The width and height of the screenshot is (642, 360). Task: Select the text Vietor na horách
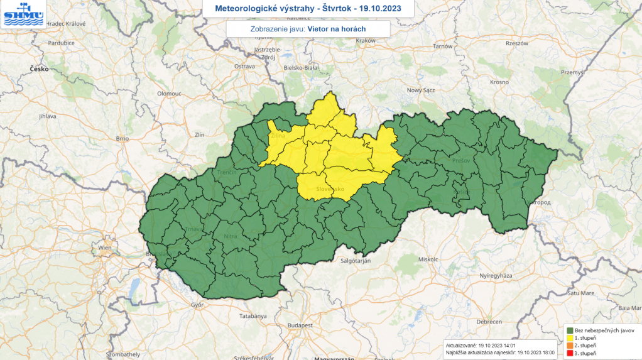point(337,29)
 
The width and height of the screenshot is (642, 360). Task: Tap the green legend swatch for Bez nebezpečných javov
point(569,330)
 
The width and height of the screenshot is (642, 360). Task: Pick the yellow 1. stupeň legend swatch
point(569,338)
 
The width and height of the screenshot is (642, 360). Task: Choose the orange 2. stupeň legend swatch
point(569,346)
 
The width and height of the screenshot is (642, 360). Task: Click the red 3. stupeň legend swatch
point(569,354)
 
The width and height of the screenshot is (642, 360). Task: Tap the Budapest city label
point(300,325)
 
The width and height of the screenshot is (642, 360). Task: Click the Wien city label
point(104,248)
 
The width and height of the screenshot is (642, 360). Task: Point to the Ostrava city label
point(244,66)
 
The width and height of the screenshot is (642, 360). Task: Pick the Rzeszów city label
point(516,43)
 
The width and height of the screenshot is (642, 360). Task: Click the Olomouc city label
point(169,93)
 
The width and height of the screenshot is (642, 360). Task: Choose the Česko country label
point(39,69)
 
